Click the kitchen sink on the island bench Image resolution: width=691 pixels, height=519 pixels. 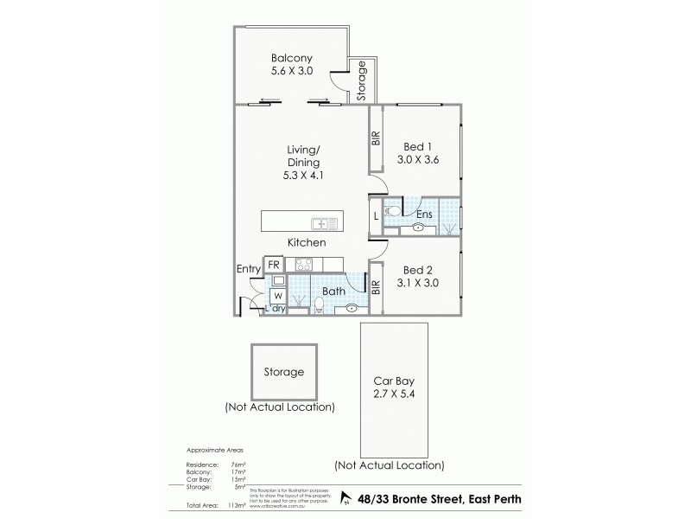tap(325, 222)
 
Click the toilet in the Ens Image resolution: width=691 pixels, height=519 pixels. tap(392, 210)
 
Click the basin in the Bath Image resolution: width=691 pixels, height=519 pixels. tap(352, 308)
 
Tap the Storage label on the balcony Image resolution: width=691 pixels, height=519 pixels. tap(362, 79)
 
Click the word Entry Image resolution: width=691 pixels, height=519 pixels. tap(248, 269)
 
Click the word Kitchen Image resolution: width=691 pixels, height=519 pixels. tap(307, 243)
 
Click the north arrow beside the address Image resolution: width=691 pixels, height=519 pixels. tap(346, 497)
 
